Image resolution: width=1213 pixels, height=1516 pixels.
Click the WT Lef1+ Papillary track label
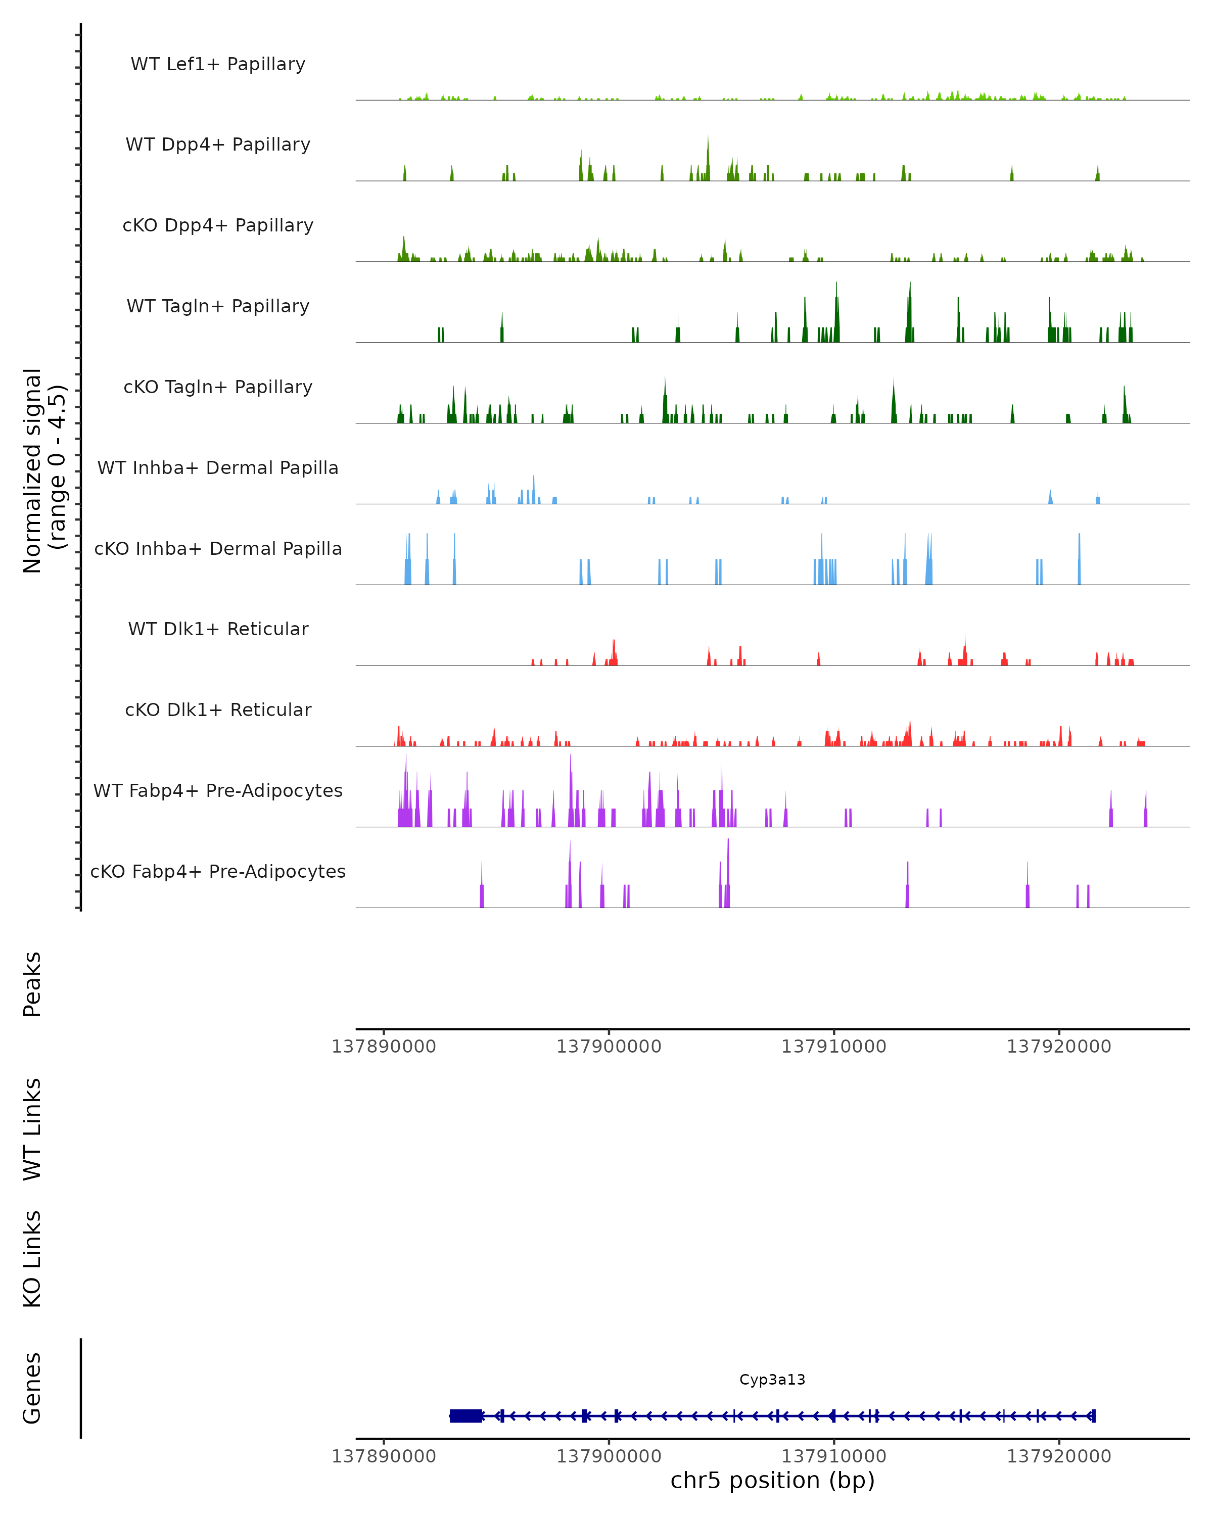click(x=218, y=64)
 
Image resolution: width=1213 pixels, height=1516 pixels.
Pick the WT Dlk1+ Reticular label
click(x=218, y=629)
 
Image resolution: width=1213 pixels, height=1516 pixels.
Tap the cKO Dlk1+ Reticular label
click(x=218, y=709)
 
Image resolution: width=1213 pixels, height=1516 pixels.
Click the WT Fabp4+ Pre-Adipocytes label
click(x=218, y=790)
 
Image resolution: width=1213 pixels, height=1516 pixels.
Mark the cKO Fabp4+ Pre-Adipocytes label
click(x=218, y=871)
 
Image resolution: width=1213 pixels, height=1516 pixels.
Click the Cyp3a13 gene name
click(x=772, y=1380)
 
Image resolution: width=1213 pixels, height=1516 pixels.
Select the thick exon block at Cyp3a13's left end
click(x=465, y=1416)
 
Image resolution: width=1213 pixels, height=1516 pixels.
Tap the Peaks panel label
click(x=32, y=984)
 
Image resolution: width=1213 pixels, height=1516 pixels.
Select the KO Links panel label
click(x=32, y=1259)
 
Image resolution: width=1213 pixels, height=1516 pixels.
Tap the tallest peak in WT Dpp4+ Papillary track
click(x=708, y=140)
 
